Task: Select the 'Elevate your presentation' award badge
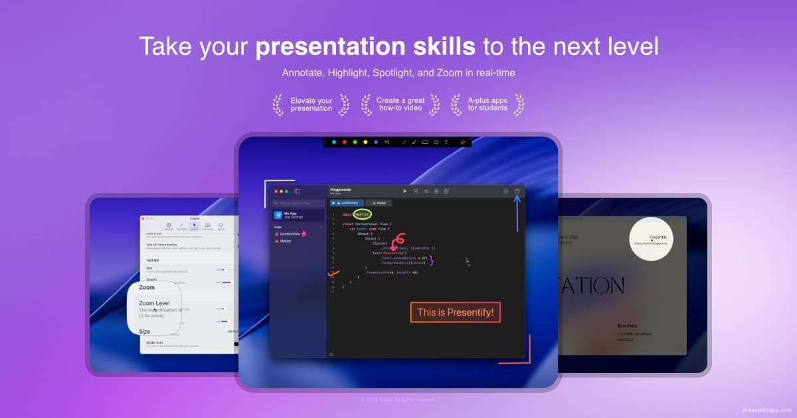click(x=311, y=105)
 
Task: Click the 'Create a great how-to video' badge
click(x=400, y=105)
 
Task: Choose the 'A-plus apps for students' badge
click(x=487, y=105)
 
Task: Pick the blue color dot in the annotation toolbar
click(x=333, y=142)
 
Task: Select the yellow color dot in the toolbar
click(x=365, y=142)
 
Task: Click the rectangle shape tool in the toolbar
click(x=425, y=142)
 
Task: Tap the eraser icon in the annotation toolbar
click(x=463, y=142)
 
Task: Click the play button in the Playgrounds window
click(x=404, y=191)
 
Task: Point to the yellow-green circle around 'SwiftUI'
click(x=362, y=214)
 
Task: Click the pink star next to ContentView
click(x=304, y=233)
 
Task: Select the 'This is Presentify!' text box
click(x=455, y=312)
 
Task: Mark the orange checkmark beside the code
click(x=333, y=273)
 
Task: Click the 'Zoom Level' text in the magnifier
click(x=154, y=303)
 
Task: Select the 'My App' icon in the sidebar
click(x=278, y=215)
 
